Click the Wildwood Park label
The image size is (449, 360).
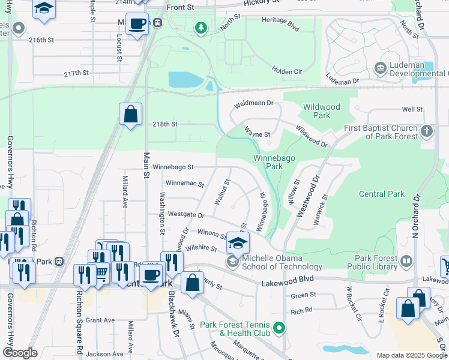tap(321, 111)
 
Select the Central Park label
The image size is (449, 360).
tap(382, 194)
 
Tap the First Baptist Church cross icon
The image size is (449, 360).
tap(427, 131)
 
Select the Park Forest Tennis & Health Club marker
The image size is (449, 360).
tap(279, 328)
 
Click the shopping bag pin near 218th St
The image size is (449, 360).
tap(130, 115)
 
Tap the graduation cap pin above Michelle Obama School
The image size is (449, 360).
tap(238, 244)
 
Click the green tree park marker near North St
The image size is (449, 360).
tap(201, 28)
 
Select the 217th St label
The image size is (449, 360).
tap(77, 73)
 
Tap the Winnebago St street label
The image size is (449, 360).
tap(173, 167)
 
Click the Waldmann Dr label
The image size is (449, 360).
tap(253, 104)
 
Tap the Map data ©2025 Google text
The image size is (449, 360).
tap(412, 355)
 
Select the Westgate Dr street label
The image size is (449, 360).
tap(186, 214)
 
